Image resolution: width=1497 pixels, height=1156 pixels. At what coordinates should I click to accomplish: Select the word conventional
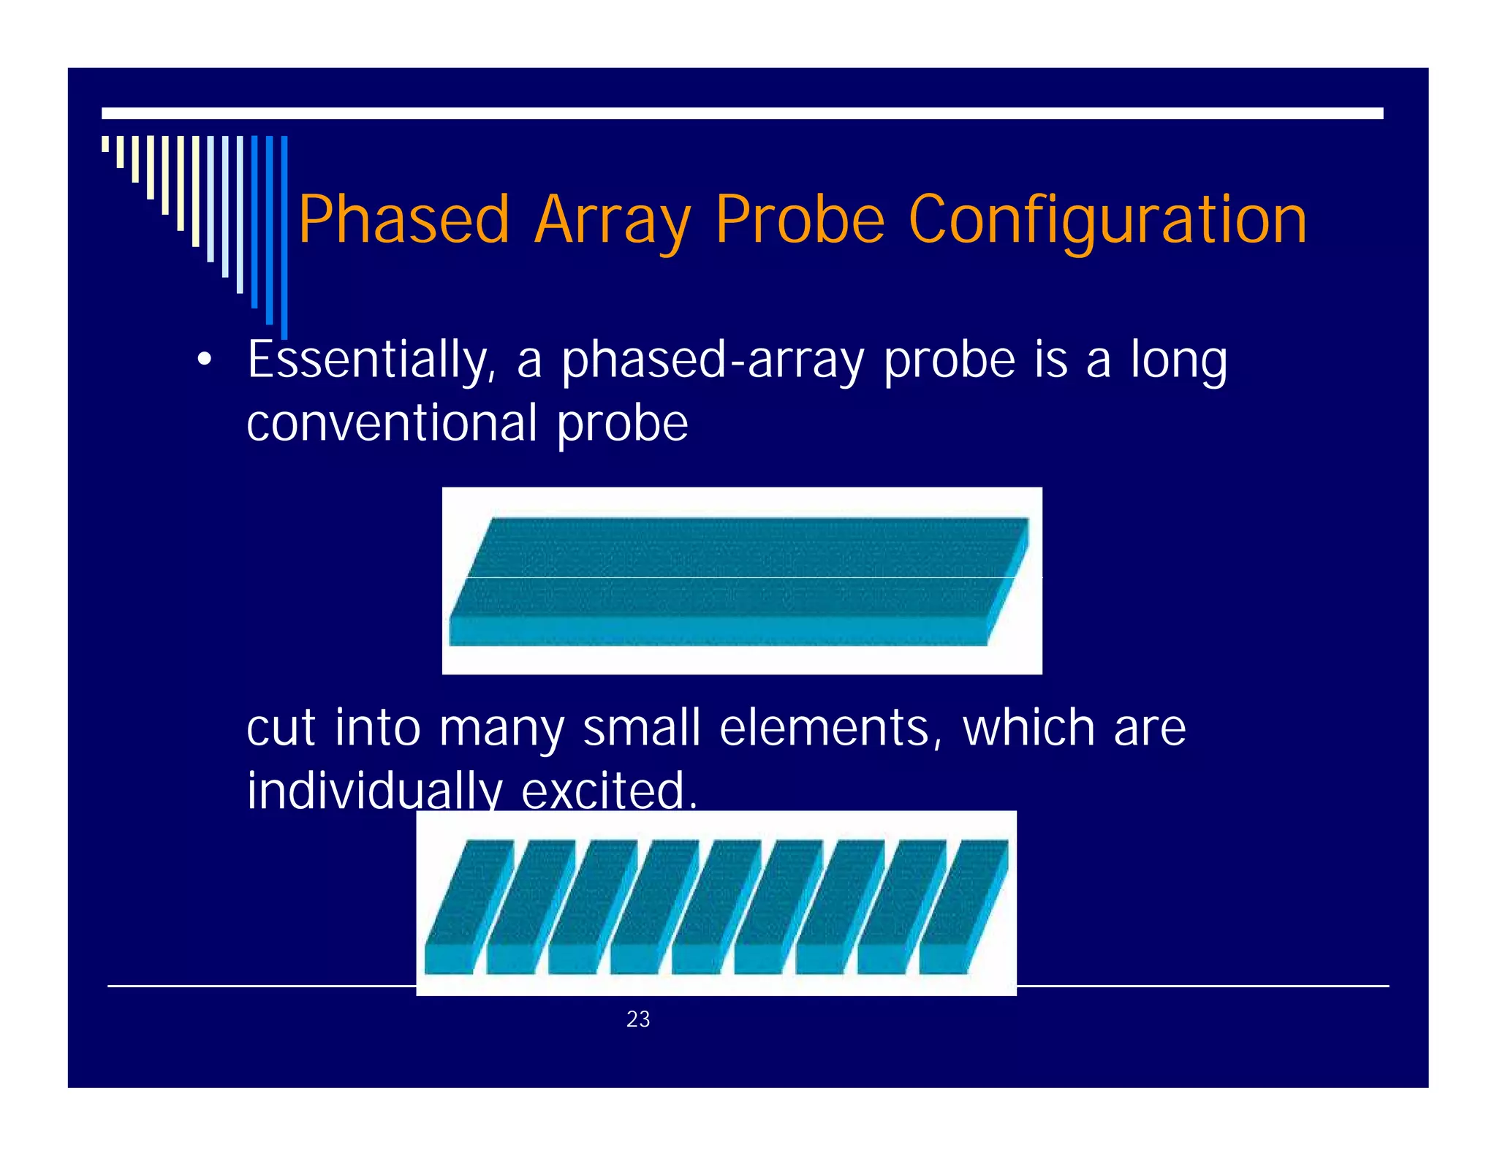coord(392,423)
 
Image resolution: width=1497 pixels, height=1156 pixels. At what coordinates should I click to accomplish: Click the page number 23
coord(638,1019)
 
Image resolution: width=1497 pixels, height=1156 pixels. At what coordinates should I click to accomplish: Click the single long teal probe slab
coord(738,581)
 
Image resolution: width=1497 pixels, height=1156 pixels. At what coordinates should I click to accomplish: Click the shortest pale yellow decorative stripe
coord(105,144)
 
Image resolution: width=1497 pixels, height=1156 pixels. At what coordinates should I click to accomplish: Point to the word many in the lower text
coord(501,728)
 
